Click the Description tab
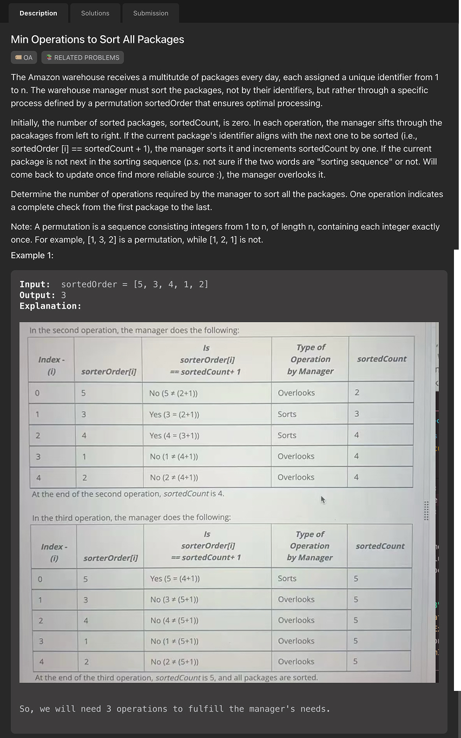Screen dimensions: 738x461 point(38,13)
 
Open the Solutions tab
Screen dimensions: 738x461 point(95,13)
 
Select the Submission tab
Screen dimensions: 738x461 point(150,13)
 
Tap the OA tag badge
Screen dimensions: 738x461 point(24,57)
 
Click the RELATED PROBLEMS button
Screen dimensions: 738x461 point(83,57)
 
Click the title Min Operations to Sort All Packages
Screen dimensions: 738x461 point(97,40)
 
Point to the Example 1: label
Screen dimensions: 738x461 point(32,255)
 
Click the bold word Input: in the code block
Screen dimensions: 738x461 point(35,284)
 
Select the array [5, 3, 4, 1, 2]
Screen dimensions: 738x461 point(170,284)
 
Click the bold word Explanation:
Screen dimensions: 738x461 point(50,306)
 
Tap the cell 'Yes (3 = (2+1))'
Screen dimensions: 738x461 point(174,414)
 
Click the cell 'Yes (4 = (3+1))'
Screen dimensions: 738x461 point(174,435)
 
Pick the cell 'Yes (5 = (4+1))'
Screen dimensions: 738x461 point(175,578)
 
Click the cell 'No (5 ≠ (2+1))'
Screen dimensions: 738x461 point(173,393)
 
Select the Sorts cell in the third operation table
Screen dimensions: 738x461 point(287,578)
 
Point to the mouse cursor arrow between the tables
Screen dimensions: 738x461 point(323,500)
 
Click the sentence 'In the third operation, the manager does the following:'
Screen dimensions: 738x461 point(131,518)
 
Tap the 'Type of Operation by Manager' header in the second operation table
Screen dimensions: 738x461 point(310,360)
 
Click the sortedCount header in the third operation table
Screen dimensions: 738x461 point(380,546)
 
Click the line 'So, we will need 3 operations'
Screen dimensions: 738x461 point(174,709)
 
